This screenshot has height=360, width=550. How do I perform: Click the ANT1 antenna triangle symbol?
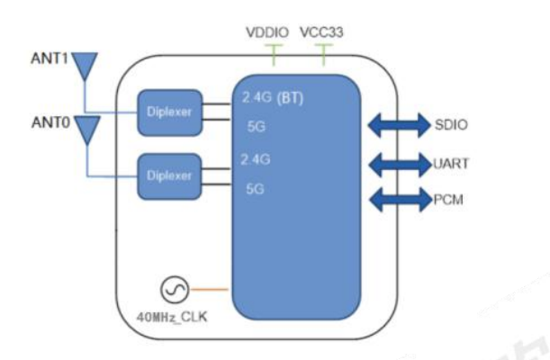point(86,64)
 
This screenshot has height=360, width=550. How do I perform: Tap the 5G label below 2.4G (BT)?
point(256,127)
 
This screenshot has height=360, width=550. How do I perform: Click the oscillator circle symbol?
point(174,291)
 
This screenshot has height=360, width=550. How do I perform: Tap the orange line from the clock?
point(213,290)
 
